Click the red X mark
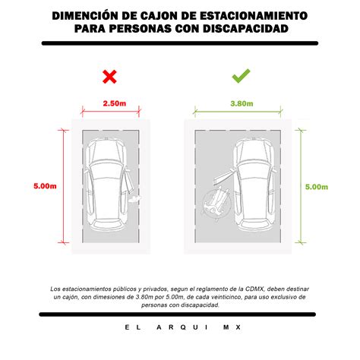coord(109,76)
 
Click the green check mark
coord(241,76)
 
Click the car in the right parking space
coord(251,185)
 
